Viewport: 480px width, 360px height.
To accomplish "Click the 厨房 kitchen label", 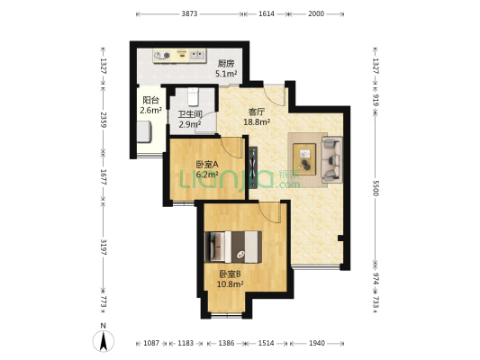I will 226,64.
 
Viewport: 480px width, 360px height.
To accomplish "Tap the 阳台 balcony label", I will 150,100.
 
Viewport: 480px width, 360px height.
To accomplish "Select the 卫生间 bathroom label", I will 189,114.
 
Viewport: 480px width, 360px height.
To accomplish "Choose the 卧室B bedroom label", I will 231,274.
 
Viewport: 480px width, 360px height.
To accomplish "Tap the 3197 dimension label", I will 104,247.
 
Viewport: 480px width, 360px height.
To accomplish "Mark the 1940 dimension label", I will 318,344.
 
